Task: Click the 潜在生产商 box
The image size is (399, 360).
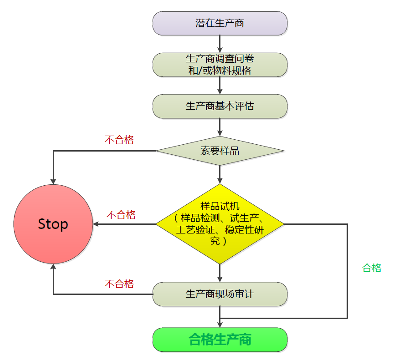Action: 220,23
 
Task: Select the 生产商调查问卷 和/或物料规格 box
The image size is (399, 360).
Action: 220,65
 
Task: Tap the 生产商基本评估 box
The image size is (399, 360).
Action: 220,106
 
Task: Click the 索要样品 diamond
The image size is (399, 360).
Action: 220,151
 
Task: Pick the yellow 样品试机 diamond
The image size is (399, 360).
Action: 220,223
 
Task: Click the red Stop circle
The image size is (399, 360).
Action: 53,224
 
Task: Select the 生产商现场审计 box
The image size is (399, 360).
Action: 220,294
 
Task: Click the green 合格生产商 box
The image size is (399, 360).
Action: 220,340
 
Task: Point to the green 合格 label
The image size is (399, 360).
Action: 372,268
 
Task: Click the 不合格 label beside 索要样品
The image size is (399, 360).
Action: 119,140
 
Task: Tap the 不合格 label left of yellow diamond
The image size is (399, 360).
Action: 121,214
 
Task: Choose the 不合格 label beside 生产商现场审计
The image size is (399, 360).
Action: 119,284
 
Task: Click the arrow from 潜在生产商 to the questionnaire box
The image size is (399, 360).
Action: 220,44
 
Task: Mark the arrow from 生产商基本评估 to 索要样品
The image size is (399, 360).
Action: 220,127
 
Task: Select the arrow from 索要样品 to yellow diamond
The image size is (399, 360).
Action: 220,174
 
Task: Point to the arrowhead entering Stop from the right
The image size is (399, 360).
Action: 96,224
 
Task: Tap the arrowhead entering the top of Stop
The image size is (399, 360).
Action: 53,181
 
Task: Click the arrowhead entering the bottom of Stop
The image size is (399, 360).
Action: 53,267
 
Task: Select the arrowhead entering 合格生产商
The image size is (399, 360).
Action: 220,325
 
